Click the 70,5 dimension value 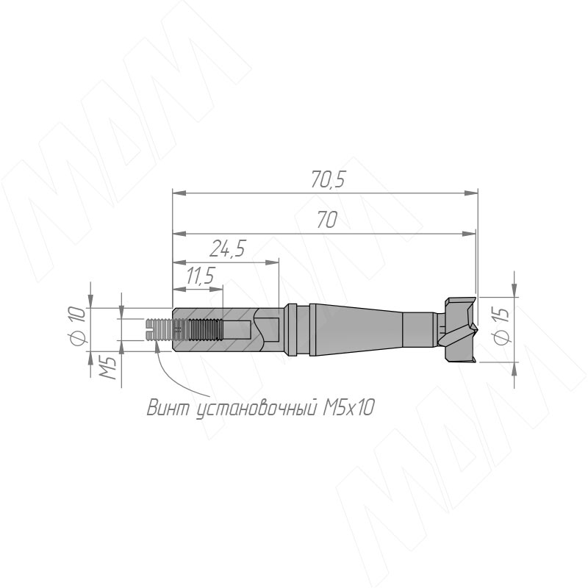327,180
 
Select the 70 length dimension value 327,220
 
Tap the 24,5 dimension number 228,248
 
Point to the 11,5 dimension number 200,276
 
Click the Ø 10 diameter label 79,326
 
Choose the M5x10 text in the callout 348,408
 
